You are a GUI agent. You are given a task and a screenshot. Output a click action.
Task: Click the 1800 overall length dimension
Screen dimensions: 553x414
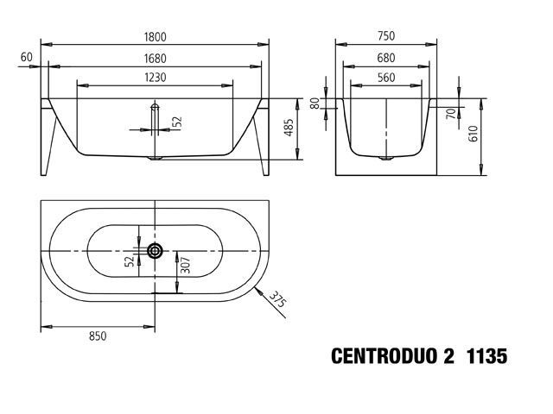(x=155, y=37)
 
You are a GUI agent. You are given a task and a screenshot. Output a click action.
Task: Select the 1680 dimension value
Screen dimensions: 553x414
(x=155, y=59)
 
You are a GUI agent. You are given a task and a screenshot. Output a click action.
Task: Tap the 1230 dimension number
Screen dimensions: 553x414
(x=156, y=78)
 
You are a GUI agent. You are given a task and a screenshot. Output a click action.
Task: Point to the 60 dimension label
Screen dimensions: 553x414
(x=27, y=57)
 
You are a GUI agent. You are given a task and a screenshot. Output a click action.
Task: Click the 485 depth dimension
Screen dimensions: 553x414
(x=289, y=128)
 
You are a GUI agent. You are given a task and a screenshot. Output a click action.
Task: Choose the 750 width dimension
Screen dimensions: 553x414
(x=386, y=36)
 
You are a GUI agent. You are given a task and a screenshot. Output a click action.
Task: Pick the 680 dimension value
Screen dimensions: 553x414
(x=386, y=58)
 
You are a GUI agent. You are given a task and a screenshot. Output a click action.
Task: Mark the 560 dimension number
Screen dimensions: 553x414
(x=386, y=78)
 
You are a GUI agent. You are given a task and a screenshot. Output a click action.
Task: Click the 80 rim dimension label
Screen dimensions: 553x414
(x=315, y=103)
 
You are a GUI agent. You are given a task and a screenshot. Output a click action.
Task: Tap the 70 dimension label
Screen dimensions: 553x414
(x=451, y=114)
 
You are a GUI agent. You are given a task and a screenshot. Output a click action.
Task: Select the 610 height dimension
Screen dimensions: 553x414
(x=473, y=134)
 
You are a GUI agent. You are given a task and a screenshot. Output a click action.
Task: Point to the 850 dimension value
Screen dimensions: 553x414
(x=98, y=336)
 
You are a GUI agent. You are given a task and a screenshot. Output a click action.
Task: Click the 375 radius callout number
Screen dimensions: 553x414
(x=277, y=300)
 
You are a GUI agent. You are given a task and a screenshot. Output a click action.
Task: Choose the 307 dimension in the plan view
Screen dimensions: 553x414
(x=185, y=266)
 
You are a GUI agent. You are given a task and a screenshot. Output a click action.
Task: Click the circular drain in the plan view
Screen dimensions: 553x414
(x=155, y=251)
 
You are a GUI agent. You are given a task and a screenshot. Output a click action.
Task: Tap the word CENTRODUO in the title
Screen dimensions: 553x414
(x=384, y=356)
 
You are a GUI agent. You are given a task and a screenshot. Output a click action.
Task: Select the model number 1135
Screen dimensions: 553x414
(x=486, y=356)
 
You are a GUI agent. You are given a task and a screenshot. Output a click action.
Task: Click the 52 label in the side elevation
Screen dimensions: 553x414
(x=178, y=122)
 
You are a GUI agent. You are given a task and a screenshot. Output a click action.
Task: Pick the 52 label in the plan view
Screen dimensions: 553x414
(x=130, y=260)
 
